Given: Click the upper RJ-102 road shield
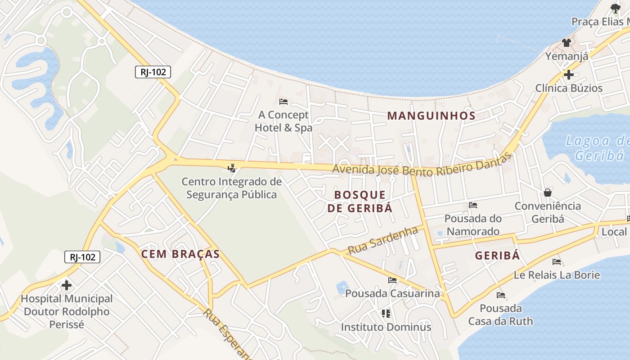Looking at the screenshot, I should coord(153,72).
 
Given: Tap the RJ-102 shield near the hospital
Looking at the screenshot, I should coord(82,257).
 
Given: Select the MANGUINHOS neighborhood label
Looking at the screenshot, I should coord(431,116).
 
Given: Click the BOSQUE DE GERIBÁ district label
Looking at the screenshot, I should coord(360,201).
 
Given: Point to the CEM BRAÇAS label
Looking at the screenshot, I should coord(180,254).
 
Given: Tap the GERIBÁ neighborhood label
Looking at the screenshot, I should coord(497,256).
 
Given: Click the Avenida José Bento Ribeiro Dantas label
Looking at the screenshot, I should coord(422,166).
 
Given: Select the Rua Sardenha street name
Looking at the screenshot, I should coord(383,241).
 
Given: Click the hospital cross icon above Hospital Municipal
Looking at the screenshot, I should coord(67,285).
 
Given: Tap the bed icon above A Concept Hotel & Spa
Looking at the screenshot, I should coord(283,102).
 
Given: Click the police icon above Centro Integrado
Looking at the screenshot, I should coord(232,168).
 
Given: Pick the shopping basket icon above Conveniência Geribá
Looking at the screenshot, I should coord(548,193).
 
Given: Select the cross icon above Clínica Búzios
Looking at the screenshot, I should coord(569,74).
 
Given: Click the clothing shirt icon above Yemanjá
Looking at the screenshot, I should coord(566,43).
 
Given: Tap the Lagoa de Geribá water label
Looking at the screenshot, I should coord(597,148).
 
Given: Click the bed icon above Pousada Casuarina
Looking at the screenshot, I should coord(392,280).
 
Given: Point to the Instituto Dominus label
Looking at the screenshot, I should coord(386,327).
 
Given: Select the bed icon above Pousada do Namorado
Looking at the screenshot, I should coord(472,205).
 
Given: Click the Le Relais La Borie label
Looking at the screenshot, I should coord(557,274).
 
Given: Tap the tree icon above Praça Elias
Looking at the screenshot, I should coord(615,8).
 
